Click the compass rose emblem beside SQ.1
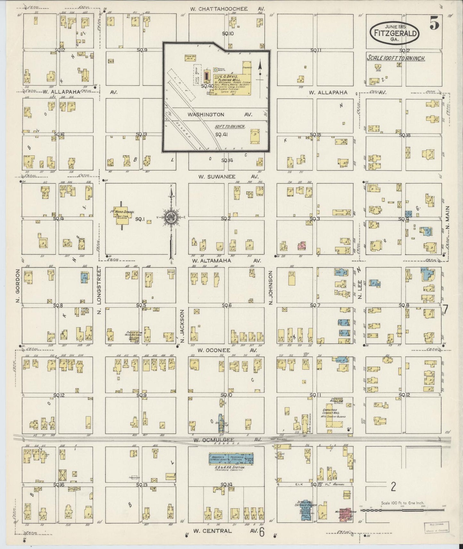[x=171, y=219]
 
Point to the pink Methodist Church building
[x=347, y=514]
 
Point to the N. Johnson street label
[x=271, y=288]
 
